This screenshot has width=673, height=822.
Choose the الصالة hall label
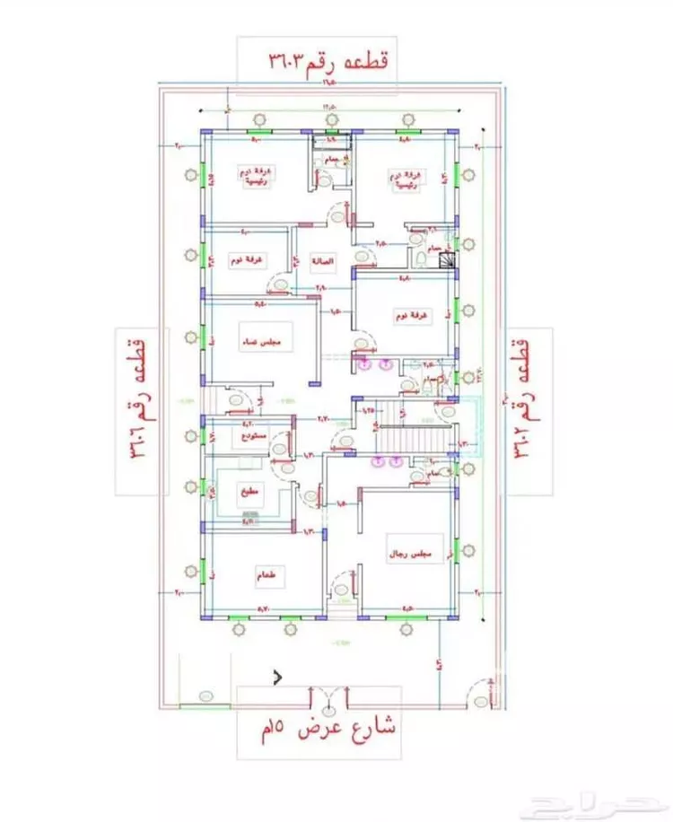(x=321, y=263)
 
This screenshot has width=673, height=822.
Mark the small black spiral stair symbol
(x=446, y=259)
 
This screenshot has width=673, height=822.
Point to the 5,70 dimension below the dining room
(x=265, y=611)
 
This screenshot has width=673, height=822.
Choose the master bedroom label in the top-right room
(x=404, y=176)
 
